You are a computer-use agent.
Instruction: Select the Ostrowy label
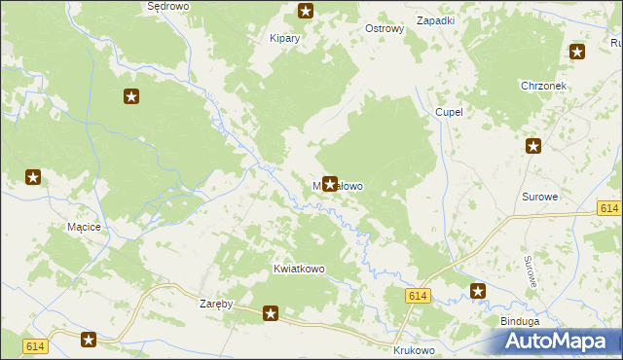[384, 29]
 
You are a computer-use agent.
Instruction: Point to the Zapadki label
[435, 20]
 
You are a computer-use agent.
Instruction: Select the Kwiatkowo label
[299, 269]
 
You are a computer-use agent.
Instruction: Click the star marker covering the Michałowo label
[330, 183]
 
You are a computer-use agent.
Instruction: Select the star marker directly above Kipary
[306, 12]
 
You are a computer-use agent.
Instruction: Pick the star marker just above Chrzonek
[577, 52]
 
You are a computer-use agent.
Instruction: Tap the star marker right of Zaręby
[271, 313]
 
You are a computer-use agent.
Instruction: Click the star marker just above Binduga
[478, 291]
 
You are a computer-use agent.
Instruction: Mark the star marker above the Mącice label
[33, 177]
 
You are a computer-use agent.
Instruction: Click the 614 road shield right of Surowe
[609, 209]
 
